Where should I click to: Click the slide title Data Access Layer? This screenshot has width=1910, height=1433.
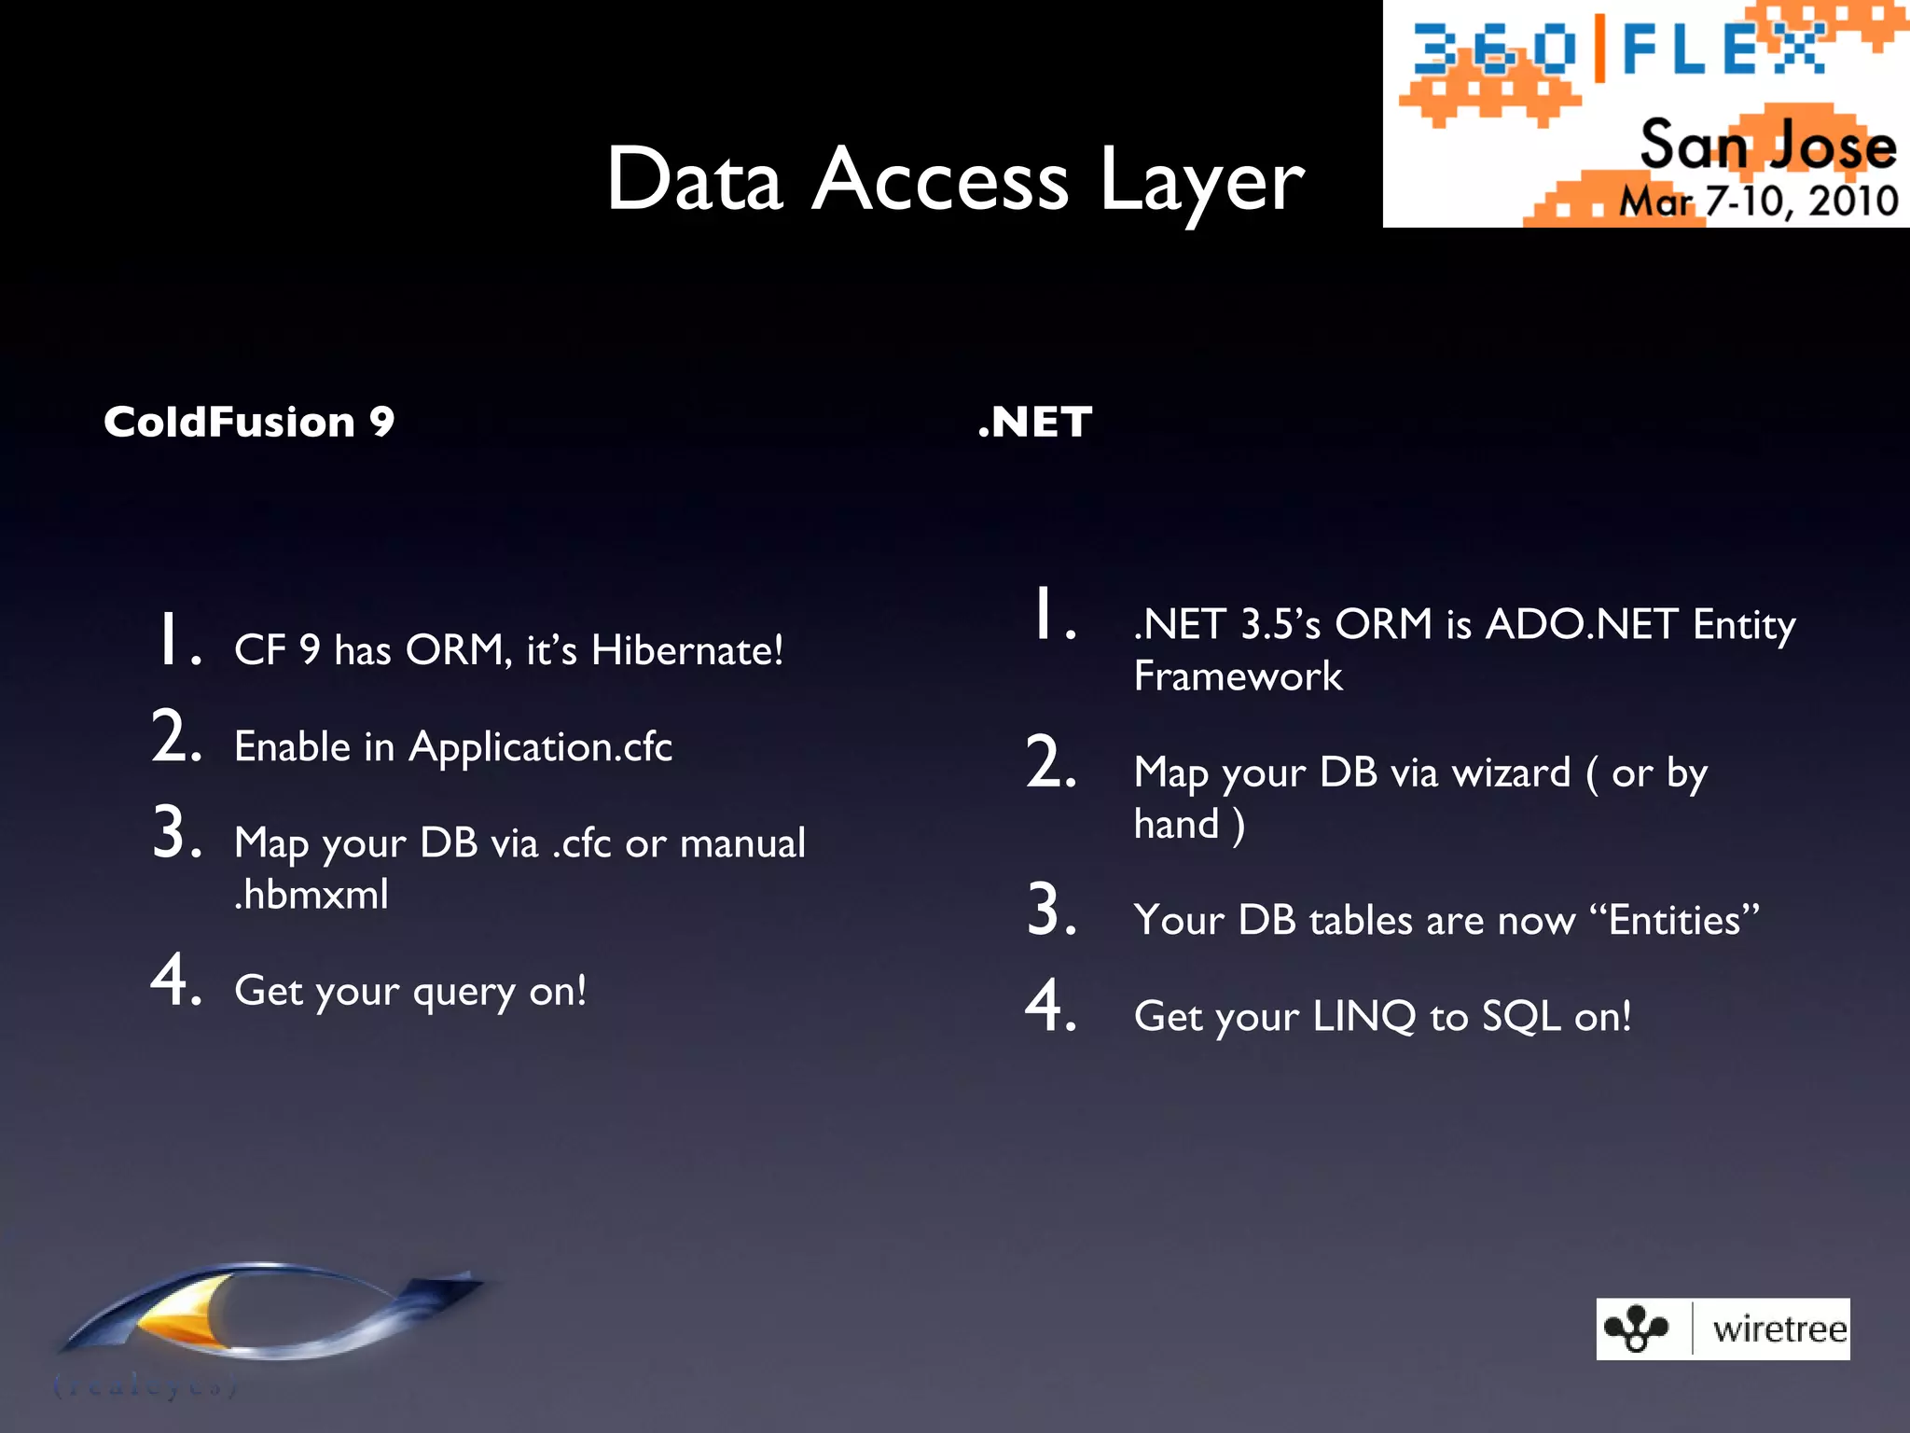pyautogui.click(x=954, y=180)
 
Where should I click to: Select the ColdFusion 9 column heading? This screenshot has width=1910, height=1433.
pyautogui.click(x=249, y=422)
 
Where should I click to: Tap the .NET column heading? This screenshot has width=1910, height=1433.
pyautogui.click(x=1034, y=422)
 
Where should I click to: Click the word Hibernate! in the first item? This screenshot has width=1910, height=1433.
pyautogui.click(x=687, y=650)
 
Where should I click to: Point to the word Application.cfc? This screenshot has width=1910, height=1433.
pyautogui.click(x=540, y=747)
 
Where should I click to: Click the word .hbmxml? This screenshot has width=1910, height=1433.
pyautogui.click(x=311, y=895)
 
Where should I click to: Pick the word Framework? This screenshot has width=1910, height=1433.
pyautogui.click(x=1238, y=676)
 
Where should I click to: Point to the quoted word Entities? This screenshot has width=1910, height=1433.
pyautogui.click(x=1674, y=920)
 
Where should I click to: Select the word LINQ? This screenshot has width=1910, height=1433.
pyautogui.click(x=1363, y=1016)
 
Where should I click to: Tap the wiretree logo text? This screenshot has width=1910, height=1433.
pyautogui.click(x=1779, y=1329)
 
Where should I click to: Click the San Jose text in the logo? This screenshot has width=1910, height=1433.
pyautogui.click(x=1767, y=146)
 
